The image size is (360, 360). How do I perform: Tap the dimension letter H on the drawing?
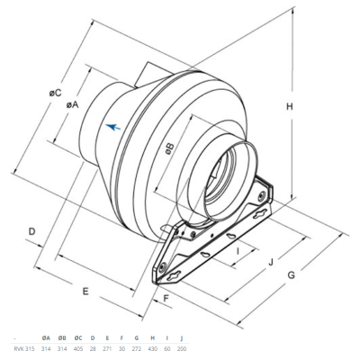[x=290, y=107]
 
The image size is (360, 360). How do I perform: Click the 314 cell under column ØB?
[x=62, y=346]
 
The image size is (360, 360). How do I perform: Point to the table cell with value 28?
[x=92, y=346]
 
